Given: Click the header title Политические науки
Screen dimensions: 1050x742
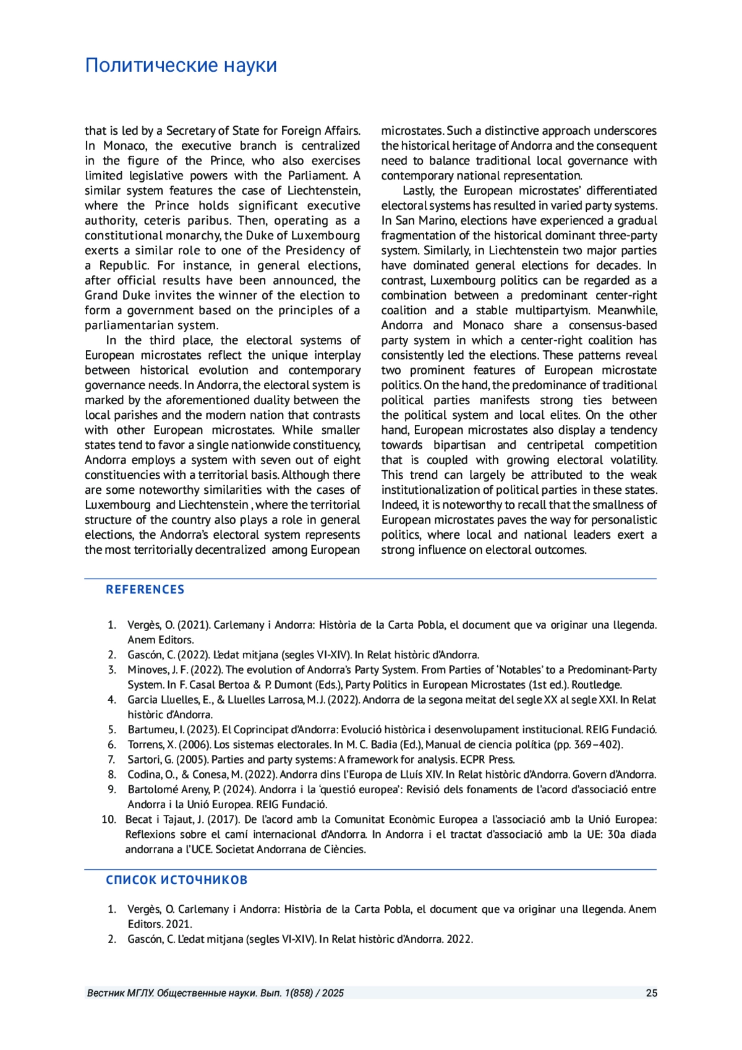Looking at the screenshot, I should (x=181, y=65).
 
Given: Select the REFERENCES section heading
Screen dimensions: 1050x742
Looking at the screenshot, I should (x=145, y=590).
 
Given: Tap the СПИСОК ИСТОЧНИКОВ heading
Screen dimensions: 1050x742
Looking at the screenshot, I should (x=176, y=880).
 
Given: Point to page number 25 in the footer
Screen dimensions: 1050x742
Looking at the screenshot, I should (x=651, y=993).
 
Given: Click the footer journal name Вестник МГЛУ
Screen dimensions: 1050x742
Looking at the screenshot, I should (x=121, y=993).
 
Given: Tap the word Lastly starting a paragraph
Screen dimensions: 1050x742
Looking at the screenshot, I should (x=420, y=191).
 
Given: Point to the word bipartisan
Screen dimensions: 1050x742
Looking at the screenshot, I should (x=459, y=445).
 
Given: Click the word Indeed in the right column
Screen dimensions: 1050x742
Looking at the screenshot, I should (x=399, y=506).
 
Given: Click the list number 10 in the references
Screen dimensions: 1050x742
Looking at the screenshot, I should (x=109, y=820).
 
